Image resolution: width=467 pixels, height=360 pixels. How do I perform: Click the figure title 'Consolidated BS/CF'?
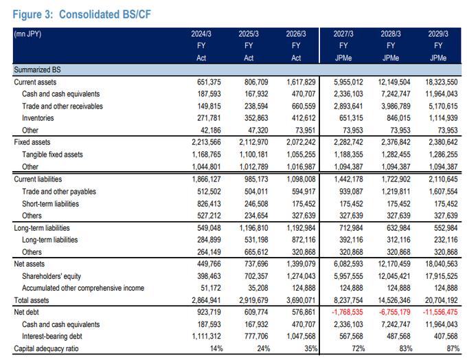105,14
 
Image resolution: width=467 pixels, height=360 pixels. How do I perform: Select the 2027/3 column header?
343,34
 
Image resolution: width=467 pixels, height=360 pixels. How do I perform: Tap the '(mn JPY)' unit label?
27,34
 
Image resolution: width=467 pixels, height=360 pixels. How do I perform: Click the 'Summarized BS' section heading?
37,70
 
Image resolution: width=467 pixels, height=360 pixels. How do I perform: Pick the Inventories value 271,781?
209,118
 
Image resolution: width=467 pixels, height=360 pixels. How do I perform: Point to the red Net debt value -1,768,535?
348,313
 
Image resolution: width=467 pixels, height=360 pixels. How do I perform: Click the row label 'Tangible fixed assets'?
52,155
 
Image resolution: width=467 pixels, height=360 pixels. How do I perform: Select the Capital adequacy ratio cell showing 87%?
453,348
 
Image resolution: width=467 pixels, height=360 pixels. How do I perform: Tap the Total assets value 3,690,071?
301,300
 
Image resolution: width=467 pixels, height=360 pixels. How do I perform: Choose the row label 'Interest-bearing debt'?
52,337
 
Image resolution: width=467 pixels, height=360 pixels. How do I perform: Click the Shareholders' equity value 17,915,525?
442,276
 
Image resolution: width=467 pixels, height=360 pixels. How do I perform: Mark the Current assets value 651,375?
209,82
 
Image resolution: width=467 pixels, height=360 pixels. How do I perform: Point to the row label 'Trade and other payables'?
59,192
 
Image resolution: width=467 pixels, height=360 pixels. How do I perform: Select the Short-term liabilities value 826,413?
209,204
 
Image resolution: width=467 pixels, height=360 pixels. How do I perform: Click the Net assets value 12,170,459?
394,264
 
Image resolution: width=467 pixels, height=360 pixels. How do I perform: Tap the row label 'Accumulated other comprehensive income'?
83,288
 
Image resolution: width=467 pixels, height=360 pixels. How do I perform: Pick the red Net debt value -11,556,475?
440,313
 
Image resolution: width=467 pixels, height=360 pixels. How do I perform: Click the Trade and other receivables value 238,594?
256,106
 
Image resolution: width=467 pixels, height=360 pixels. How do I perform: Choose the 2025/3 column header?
249,34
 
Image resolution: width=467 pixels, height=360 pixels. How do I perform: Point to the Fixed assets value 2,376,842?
396,142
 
